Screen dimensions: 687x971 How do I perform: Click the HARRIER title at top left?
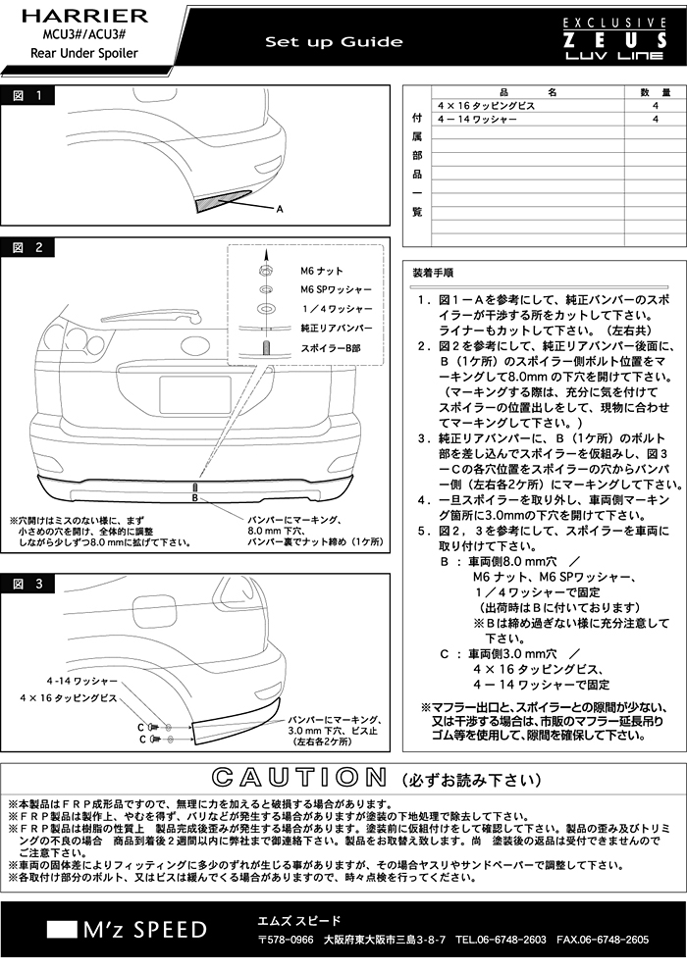pyautogui.click(x=84, y=16)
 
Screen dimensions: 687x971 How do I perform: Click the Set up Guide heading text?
pyautogui.click(x=334, y=42)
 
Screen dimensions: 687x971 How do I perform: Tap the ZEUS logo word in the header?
pyautogui.click(x=614, y=41)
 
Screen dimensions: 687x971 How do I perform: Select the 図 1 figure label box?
pyautogui.click(x=27, y=95)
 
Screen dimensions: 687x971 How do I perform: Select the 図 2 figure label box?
pyautogui.click(x=27, y=248)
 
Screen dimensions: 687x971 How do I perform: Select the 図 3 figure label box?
pyautogui.click(x=27, y=584)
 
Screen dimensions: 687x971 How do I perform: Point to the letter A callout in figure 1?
pyautogui.click(x=280, y=209)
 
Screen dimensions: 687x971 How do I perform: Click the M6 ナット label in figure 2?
pyautogui.click(x=322, y=271)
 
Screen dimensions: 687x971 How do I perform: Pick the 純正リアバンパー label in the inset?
pyautogui.click(x=337, y=328)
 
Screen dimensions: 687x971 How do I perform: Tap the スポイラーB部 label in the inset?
pyautogui.click(x=330, y=348)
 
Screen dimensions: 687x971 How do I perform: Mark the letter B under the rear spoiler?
pyautogui.click(x=194, y=497)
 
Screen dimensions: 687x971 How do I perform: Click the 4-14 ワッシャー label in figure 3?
pyautogui.click(x=81, y=682)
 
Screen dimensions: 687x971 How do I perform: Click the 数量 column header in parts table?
pyautogui.click(x=656, y=92)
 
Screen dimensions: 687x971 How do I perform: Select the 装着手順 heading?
pyautogui.click(x=433, y=273)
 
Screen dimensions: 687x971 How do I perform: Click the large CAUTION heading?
pyautogui.click(x=299, y=777)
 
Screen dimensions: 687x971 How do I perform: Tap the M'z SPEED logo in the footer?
pyautogui.click(x=128, y=930)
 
